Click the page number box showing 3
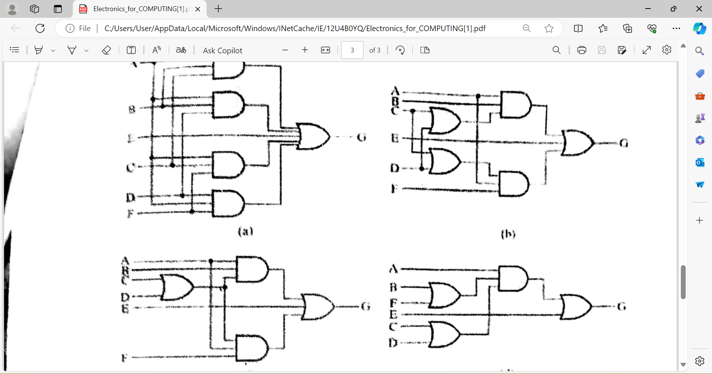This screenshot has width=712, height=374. pyautogui.click(x=352, y=50)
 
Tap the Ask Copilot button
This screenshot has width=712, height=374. pyautogui.click(x=222, y=50)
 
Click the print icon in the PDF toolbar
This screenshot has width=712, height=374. pyautogui.click(x=581, y=50)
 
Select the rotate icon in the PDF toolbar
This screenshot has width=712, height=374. pyautogui.click(x=400, y=50)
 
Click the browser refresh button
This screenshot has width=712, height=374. pyautogui.click(x=40, y=29)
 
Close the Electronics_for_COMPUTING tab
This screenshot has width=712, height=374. pyautogui.click(x=198, y=9)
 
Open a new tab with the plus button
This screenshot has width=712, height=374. pyautogui.click(x=218, y=9)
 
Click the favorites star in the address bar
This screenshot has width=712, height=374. pyautogui.click(x=549, y=29)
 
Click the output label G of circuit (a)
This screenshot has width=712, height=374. pyautogui.click(x=362, y=137)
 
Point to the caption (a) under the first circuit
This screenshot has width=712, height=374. pyautogui.click(x=245, y=231)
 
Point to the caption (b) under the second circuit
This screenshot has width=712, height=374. pyautogui.click(x=508, y=234)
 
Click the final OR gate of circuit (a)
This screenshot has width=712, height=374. pyautogui.click(x=313, y=137)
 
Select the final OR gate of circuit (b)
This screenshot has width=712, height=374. pyautogui.click(x=577, y=143)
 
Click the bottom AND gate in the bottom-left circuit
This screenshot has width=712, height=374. pyautogui.click(x=252, y=348)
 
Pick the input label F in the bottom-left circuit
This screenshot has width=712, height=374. pyautogui.click(x=125, y=358)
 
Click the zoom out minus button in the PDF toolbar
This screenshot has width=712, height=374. pyautogui.click(x=285, y=50)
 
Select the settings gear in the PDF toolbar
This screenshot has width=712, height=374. pyautogui.click(x=666, y=50)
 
